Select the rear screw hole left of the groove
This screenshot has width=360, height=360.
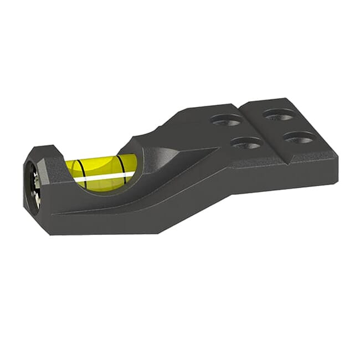tap(227, 119)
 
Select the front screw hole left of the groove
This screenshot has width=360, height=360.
tap(246, 143)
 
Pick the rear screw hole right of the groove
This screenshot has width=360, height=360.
tap(278, 115)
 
